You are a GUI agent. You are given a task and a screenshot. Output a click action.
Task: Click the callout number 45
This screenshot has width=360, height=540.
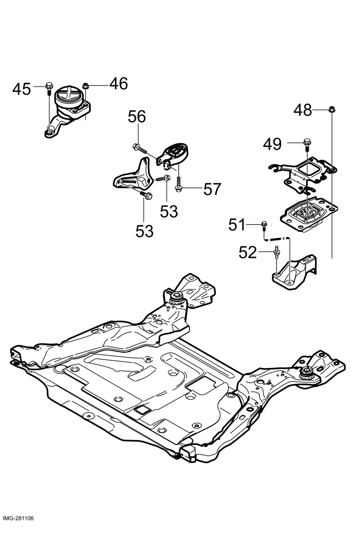pos(22,89)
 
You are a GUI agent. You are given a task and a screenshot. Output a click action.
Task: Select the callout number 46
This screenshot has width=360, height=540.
pos(119,84)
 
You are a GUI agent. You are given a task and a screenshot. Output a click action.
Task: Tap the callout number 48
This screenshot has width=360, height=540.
pos(302,110)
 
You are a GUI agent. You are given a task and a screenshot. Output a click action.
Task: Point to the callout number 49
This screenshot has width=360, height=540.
pos(272,144)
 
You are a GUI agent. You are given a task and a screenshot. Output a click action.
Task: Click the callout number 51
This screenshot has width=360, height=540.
pos(237,225)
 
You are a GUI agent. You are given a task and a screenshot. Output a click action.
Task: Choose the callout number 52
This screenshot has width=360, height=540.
pos(248,253)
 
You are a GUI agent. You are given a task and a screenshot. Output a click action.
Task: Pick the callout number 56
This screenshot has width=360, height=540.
pos(137,117)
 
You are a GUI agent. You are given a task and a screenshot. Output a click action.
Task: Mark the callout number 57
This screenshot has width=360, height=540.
pos(212,189)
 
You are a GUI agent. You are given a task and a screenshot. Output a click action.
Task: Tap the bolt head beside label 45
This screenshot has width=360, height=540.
pos(49,85)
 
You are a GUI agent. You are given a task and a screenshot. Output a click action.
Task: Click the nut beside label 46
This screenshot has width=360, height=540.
pos(86,85)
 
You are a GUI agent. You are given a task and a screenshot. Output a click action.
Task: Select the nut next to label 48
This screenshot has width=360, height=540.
pos(332,109)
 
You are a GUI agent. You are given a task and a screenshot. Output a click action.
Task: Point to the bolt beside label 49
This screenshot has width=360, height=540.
pos(307,144)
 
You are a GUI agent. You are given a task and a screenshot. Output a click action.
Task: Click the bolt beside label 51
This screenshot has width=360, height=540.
pos(264,225)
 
